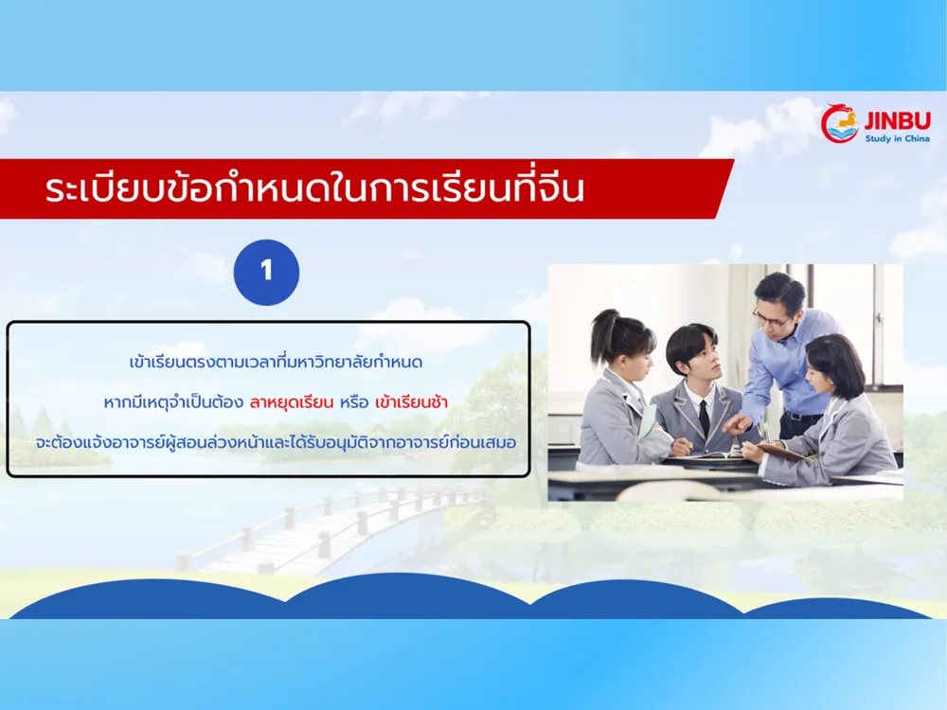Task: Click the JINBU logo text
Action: tap(895, 120)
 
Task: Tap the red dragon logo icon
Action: tap(839, 124)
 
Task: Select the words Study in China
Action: tap(896, 138)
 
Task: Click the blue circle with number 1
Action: tap(266, 272)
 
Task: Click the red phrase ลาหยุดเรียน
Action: tap(295, 402)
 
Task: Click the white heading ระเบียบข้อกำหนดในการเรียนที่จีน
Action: tap(314, 189)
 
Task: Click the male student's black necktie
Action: tap(704, 418)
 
